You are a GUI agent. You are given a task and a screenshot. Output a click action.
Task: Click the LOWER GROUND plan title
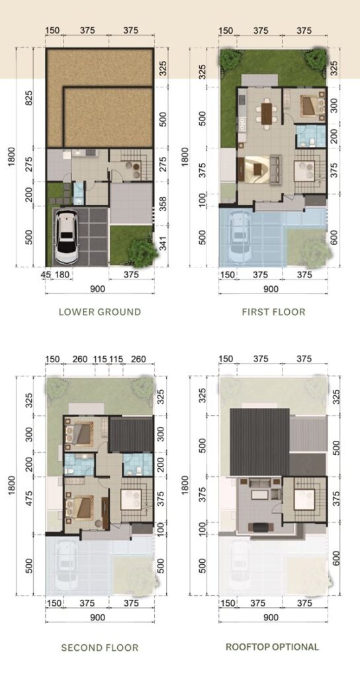100,312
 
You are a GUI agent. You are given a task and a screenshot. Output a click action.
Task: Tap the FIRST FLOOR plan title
273,312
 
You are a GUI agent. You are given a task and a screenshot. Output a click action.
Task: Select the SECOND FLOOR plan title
100,648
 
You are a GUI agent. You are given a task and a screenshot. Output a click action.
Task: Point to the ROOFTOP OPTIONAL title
272,647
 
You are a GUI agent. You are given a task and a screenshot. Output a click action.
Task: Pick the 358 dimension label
163,203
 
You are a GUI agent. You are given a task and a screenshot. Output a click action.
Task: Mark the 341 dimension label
163,246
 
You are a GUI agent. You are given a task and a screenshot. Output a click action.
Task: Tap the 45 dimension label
45,275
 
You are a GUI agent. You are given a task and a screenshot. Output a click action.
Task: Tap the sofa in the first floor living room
275,166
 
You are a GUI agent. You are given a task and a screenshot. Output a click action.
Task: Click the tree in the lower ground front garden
143,252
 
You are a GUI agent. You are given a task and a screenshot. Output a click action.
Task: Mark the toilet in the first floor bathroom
302,142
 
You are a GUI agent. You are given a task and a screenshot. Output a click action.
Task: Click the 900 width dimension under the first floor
271,289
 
